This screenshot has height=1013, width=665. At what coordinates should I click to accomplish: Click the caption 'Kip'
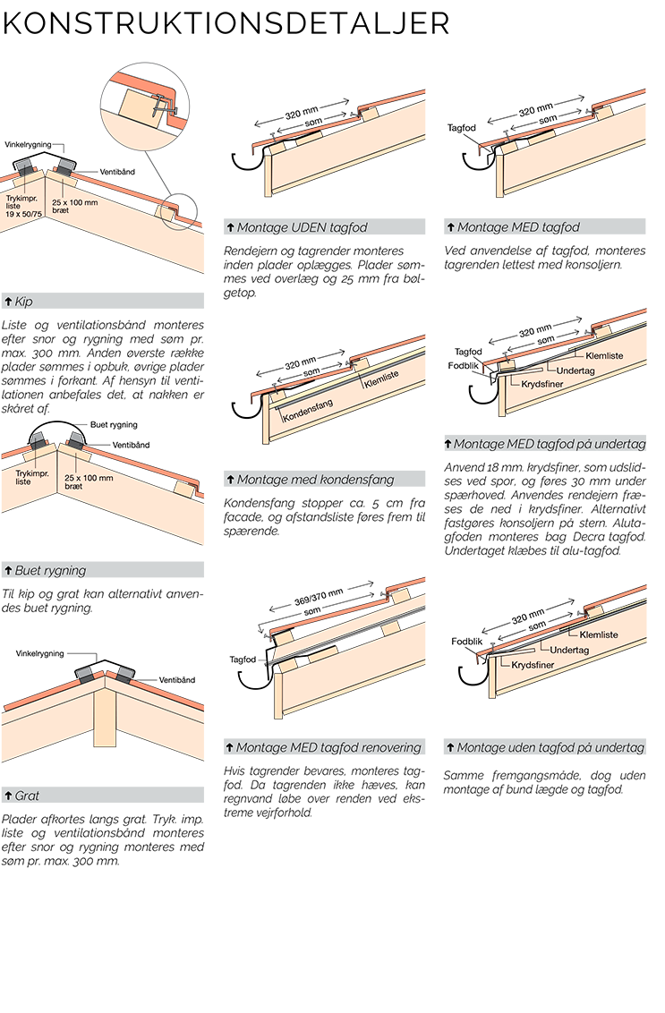click(x=24, y=302)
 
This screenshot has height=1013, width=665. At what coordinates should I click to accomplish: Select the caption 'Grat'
click(x=28, y=796)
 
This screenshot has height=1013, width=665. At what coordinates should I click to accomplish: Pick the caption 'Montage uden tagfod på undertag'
click(x=550, y=747)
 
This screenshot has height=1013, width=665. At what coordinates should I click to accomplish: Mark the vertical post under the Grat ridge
click(x=105, y=720)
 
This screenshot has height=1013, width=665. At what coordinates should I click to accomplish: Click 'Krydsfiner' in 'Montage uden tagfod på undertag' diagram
click(x=531, y=665)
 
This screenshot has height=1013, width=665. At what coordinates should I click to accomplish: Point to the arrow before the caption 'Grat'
click(x=8, y=796)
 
